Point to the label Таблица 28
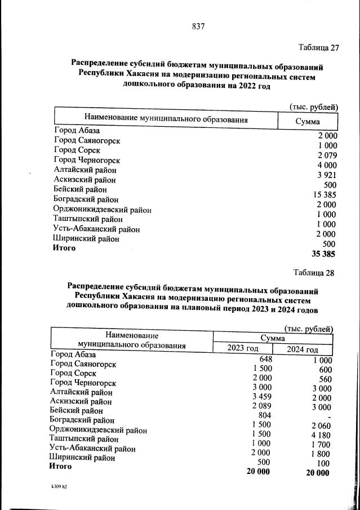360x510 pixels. [x=314, y=273]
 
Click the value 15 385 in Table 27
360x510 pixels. [x=323, y=194]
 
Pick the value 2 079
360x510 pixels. [x=327, y=155]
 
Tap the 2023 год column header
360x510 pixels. [x=242, y=348]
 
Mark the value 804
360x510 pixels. [x=265, y=415]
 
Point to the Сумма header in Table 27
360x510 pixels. [x=308, y=122]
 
